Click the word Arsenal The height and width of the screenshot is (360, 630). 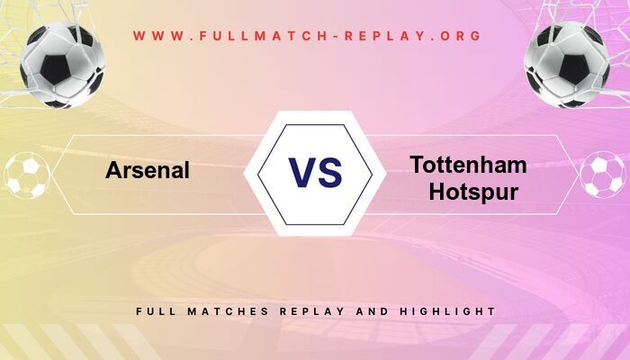[148, 170]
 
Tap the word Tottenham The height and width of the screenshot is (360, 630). [468, 165]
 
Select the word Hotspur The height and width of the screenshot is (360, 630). [473, 192]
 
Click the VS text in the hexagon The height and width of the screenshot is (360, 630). [315, 172]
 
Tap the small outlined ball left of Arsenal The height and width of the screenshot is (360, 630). [27, 175]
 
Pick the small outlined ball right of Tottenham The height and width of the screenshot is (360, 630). [602, 175]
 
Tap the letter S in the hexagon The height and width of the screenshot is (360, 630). [330, 172]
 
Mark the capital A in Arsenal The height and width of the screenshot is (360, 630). [114, 170]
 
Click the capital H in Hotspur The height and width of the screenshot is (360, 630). [438, 192]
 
